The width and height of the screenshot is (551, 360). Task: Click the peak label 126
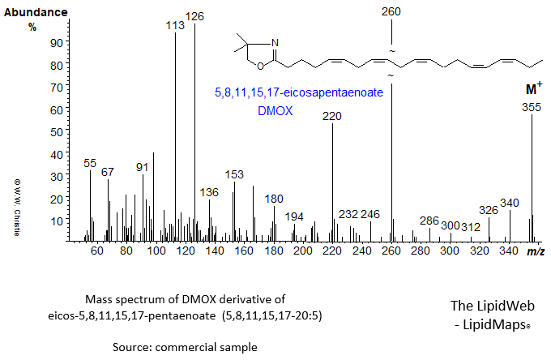[x=194, y=16]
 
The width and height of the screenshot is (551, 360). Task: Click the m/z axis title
[x=536, y=253]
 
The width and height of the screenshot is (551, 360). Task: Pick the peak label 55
[x=91, y=163]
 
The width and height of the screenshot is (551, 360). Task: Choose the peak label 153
[x=233, y=174]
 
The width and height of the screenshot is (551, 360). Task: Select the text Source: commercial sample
[x=186, y=345]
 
